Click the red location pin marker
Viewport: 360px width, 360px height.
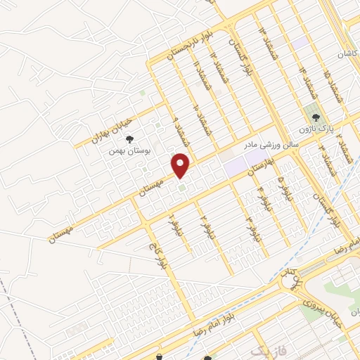[x=181, y=166]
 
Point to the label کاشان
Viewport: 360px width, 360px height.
[x=347, y=54]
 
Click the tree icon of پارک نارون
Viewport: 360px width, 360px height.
[x=314, y=116]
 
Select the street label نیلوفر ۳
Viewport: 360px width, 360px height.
[x=250, y=229]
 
